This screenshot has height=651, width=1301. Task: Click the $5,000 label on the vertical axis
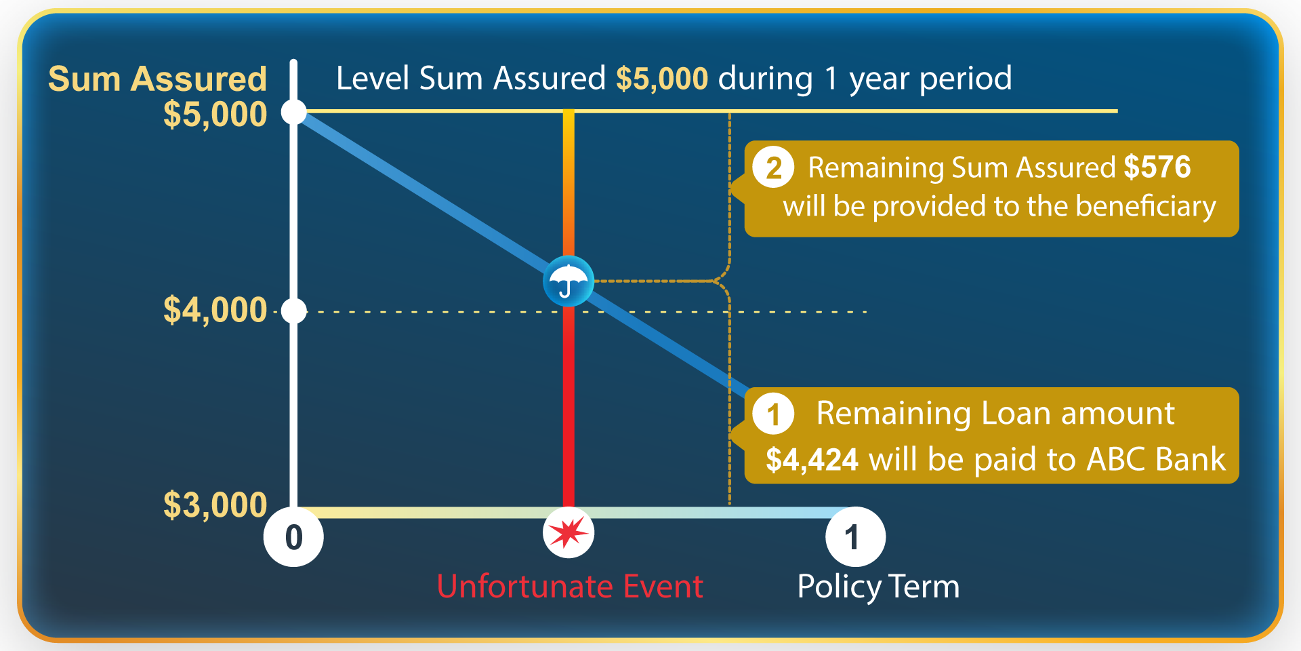215,115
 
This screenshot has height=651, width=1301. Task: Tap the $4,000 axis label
215,311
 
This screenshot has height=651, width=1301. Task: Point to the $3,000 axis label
215,505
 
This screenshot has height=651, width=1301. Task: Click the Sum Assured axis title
157,79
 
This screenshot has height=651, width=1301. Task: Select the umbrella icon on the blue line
569,281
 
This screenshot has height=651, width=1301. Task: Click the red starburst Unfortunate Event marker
569,533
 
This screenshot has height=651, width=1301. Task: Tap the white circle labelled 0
293,537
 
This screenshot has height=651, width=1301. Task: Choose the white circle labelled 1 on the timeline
855,537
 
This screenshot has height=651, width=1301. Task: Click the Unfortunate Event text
570,587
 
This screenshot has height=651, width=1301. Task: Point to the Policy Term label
878,587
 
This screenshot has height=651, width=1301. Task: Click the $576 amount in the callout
1157,167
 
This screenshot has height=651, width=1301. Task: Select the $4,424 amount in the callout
812,460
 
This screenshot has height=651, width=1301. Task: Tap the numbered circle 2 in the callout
774,167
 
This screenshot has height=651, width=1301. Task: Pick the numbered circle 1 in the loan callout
774,414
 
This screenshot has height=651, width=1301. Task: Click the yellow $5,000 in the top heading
662,79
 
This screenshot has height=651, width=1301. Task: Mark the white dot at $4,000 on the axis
294,311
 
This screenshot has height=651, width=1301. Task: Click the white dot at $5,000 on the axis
294,112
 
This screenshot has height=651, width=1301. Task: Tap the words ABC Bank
1156,460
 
